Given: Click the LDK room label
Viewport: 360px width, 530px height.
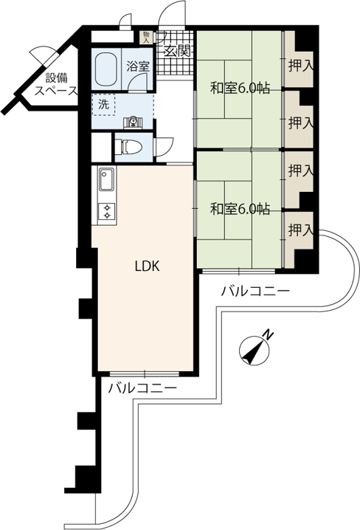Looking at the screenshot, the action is [x=147, y=266].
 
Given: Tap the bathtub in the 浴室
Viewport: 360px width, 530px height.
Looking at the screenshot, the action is [x=106, y=69].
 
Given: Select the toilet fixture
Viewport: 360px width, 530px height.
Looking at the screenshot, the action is [x=128, y=148].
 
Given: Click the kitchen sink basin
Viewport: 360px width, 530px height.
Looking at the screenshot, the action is [x=107, y=179].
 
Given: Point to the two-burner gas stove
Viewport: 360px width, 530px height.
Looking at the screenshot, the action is [x=107, y=211].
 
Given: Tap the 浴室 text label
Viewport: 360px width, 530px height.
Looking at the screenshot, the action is [x=138, y=66].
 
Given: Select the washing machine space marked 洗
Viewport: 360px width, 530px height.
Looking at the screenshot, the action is [x=104, y=104].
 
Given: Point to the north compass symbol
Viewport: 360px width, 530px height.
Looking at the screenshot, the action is [x=254, y=351].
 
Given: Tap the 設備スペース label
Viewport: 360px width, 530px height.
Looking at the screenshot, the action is [x=57, y=84].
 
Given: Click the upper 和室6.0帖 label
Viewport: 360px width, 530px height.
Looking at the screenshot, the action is [x=240, y=89].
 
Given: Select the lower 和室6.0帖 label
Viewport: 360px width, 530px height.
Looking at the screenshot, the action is [x=240, y=209].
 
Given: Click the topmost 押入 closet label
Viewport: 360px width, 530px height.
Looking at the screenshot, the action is [x=301, y=66].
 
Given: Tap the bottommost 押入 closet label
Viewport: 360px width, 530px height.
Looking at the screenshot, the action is [x=301, y=231].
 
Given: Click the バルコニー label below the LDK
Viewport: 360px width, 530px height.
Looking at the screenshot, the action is [x=142, y=388].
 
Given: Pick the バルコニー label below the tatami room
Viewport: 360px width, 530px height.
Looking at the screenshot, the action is [x=255, y=291].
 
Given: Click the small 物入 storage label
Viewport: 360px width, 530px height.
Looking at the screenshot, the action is [x=146, y=37].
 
